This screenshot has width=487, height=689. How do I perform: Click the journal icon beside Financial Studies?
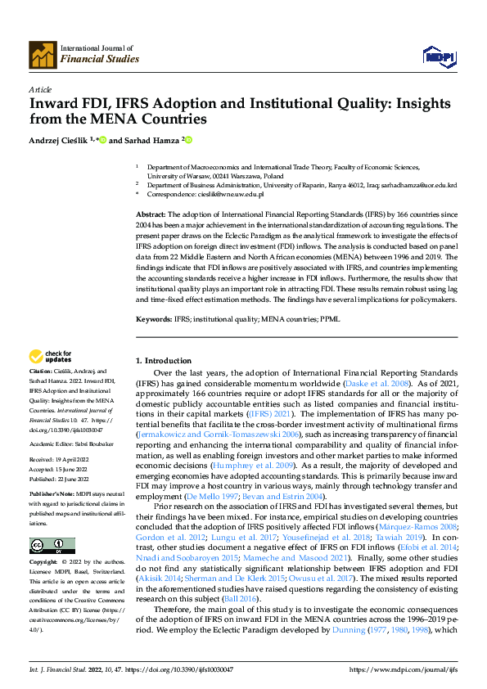click(43, 54)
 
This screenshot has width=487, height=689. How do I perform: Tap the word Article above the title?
click(39, 88)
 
